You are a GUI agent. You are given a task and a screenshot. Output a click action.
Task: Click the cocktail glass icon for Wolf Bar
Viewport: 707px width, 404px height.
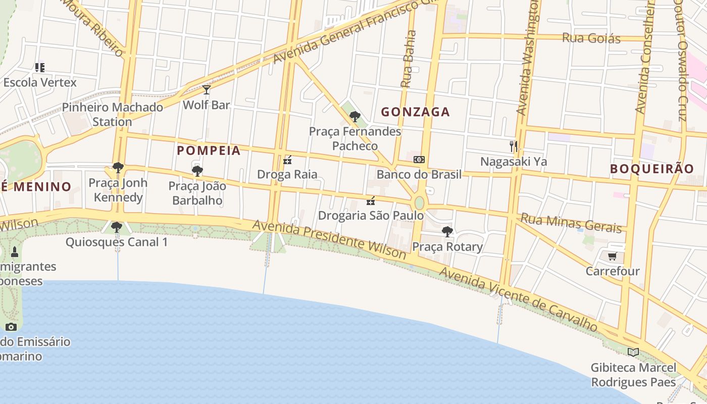pyautogui.click(x=206, y=90)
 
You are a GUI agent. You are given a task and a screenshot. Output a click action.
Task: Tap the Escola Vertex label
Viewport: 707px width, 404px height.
pyautogui.click(x=40, y=82)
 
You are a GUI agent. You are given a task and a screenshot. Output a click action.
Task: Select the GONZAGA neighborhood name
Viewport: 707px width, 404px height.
pyautogui.click(x=415, y=112)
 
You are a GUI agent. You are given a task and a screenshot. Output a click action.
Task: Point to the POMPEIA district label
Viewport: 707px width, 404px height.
pyautogui.click(x=209, y=150)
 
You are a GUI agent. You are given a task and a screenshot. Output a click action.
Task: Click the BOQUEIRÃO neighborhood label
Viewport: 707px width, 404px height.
pyautogui.click(x=652, y=169)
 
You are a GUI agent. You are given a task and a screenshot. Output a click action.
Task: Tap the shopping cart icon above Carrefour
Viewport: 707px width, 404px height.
pyautogui.click(x=613, y=257)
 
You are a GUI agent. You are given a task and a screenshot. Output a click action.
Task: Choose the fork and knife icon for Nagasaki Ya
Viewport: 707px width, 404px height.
pyautogui.click(x=514, y=146)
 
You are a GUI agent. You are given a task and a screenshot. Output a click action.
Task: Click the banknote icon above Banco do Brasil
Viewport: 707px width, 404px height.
pyautogui.click(x=419, y=160)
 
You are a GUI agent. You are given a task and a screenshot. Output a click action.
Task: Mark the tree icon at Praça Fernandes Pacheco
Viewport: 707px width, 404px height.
pyautogui.click(x=355, y=117)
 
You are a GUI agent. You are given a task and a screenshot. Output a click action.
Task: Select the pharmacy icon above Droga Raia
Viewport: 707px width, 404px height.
pyautogui.click(x=287, y=160)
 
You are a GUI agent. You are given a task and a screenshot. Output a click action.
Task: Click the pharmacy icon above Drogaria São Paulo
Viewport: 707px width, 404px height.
pyautogui.click(x=371, y=201)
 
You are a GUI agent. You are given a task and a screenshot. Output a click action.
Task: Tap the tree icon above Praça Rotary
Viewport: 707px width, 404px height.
pyautogui.click(x=447, y=232)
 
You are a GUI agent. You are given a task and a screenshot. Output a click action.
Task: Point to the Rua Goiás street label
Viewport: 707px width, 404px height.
pyautogui.click(x=591, y=38)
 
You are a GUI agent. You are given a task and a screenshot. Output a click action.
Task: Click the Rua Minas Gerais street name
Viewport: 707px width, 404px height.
pyautogui.click(x=571, y=223)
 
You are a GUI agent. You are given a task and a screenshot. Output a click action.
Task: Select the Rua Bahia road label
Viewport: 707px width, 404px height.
pyautogui.click(x=408, y=59)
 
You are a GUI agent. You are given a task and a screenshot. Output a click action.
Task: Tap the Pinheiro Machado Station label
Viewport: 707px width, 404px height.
pyautogui.click(x=112, y=114)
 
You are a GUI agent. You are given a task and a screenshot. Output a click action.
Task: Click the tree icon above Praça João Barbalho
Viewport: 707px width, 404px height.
pyautogui.click(x=197, y=171)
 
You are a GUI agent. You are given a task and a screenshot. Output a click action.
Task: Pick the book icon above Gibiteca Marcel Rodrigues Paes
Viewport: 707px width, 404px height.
pyautogui.click(x=633, y=352)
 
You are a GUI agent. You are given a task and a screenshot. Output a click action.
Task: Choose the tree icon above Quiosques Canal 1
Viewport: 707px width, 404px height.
pyautogui.click(x=117, y=227)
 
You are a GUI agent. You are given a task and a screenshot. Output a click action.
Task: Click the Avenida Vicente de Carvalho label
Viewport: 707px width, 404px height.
pyautogui.click(x=518, y=299)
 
